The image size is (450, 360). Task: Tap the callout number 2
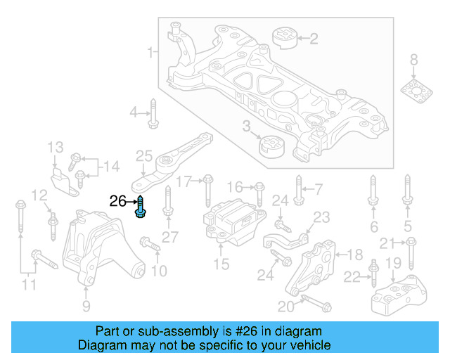(x=314, y=38)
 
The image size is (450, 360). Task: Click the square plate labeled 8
(x=414, y=91)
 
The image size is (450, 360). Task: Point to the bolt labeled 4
(x=153, y=115)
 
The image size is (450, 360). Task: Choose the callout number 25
(x=143, y=155)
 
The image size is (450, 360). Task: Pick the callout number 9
(x=86, y=306)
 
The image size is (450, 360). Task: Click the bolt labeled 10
(x=150, y=245)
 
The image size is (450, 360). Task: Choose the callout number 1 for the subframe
(x=149, y=52)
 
